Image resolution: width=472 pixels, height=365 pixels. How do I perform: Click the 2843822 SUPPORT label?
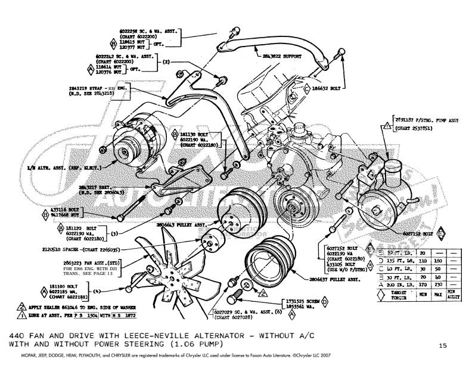coord(280,56)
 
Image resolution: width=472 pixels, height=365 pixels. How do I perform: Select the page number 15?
coord(442,345)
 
